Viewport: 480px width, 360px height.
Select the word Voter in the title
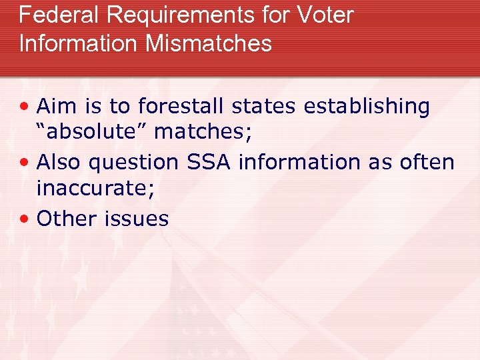click(326, 15)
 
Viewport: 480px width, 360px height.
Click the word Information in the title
click(78, 43)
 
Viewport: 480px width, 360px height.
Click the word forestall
click(180, 106)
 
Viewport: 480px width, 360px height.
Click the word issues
click(136, 218)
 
